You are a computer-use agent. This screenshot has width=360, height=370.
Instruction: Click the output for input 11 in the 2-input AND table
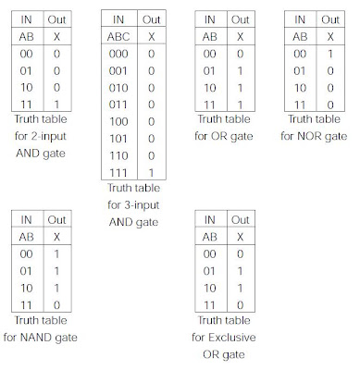point(56,105)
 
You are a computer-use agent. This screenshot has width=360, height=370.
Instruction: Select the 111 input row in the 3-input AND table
point(118,173)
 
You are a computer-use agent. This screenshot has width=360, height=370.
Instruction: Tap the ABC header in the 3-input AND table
point(118,37)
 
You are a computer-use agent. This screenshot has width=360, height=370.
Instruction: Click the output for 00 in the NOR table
point(330,54)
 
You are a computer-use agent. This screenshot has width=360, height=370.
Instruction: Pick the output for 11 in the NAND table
point(56,305)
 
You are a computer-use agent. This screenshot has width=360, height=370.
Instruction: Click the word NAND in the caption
point(33,338)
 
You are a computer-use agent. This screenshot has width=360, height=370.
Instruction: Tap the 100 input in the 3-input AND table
point(118,122)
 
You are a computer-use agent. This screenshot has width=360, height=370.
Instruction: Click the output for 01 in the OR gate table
point(240,71)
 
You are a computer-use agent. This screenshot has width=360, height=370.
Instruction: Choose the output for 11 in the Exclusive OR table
point(241,305)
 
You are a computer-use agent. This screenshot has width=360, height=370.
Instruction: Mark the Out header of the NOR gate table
point(330,19)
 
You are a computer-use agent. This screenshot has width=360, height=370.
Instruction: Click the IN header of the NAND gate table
point(26,220)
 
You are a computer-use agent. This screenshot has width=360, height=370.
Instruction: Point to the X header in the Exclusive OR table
point(241,237)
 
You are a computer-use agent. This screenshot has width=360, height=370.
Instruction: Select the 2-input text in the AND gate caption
point(48,136)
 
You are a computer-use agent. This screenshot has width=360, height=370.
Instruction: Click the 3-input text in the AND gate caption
point(142,205)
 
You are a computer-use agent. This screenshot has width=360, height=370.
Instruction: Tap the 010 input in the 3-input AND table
point(118,88)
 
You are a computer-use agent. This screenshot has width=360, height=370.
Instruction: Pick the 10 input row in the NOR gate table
point(300,88)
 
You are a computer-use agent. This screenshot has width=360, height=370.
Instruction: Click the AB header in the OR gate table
point(210,37)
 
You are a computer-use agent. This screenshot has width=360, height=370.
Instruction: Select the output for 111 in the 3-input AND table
point(151,173)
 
